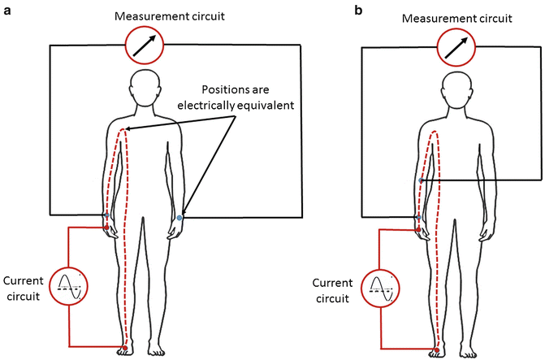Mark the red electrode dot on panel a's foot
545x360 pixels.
[124, 349]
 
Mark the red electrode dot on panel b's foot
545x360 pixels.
[436, 350]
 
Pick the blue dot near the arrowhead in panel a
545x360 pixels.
[180, 218]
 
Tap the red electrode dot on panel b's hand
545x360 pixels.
[418, 228]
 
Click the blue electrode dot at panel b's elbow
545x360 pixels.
[420, 180]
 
